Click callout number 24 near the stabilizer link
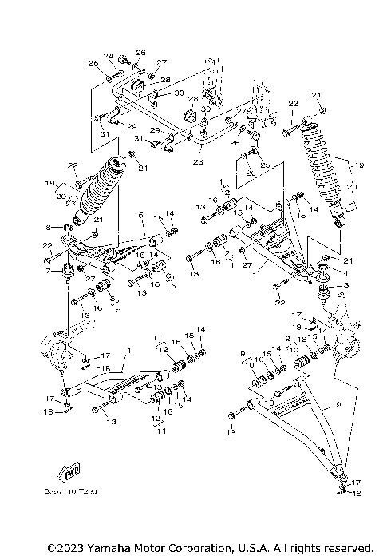(x=110, y=56)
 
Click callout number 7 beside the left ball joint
(x=47, y=272)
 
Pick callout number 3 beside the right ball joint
(x=346, y=285)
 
